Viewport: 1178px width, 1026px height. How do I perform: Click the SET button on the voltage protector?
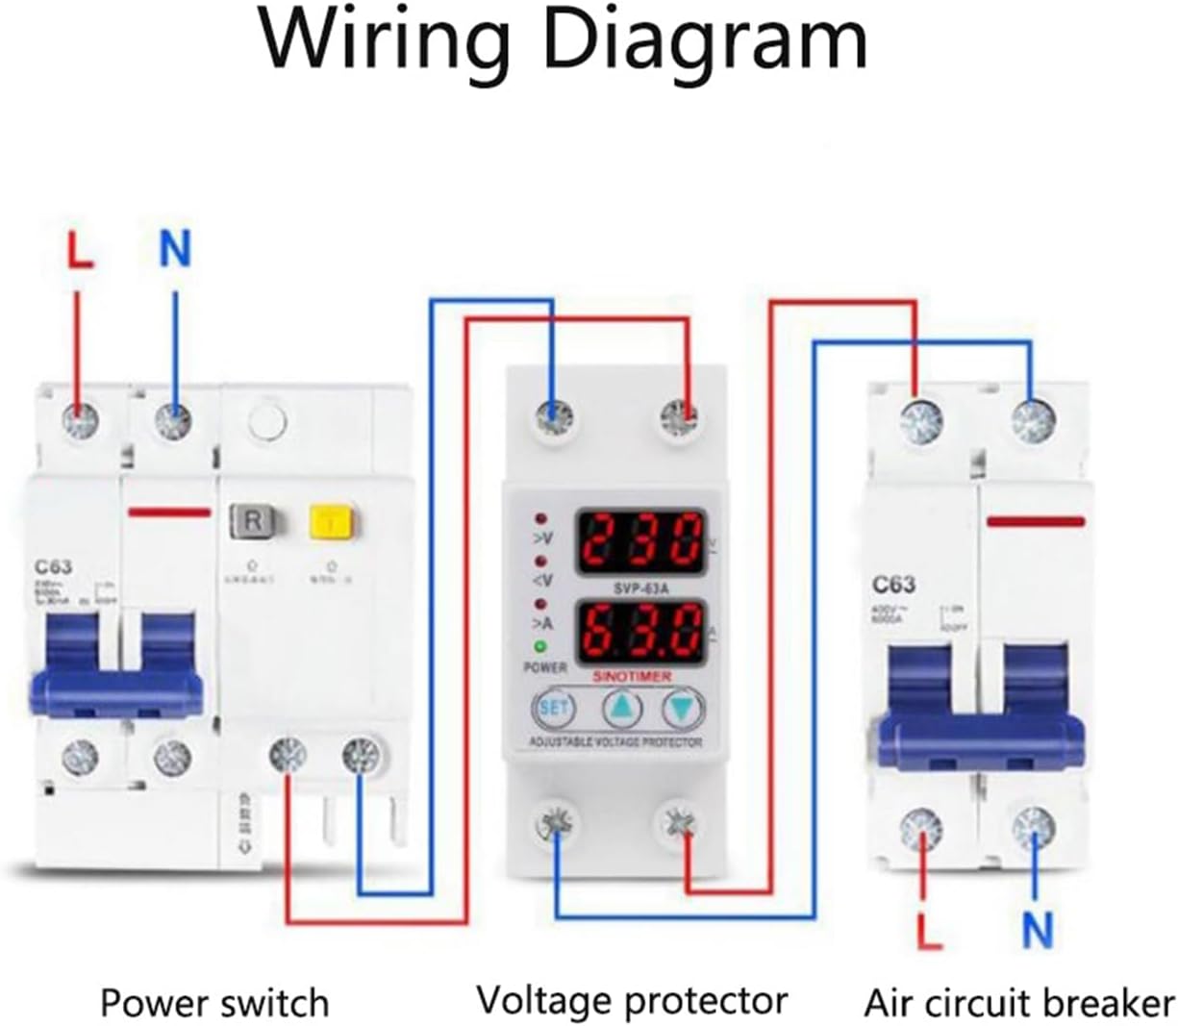(x=554, y=709)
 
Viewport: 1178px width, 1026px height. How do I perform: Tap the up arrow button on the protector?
(x=623, y=709)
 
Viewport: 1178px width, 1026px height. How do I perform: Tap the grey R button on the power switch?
(x=253, y=521)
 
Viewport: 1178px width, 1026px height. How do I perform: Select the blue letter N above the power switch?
(x=175, y=249)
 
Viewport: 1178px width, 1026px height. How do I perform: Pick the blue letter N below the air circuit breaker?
(x=1037, y=930)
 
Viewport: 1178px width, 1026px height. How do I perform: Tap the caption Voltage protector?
(x=632, y=1001)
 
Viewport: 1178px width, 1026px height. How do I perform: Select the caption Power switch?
(x=214, y=1003)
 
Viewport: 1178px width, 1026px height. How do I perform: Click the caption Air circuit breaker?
(x=1018, y=1003)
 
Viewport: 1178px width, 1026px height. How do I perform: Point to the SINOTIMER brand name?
(x=632, y=677)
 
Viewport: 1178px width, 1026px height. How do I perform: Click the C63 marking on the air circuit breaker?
(x=893, y=585)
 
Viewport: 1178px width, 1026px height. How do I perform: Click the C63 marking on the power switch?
(x=55, y=567)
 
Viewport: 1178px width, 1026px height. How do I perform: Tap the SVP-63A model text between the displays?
(x=640, y=587)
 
